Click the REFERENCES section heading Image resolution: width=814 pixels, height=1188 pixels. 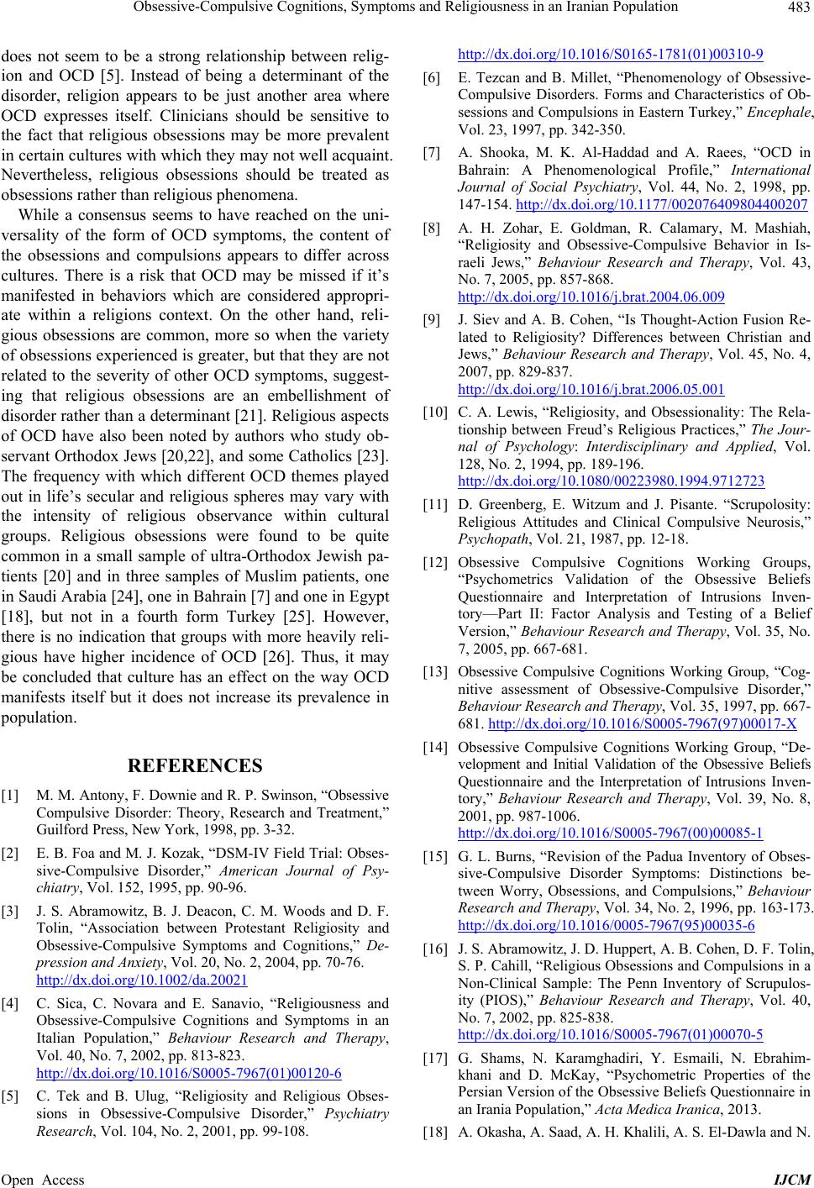tap(195, 766)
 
